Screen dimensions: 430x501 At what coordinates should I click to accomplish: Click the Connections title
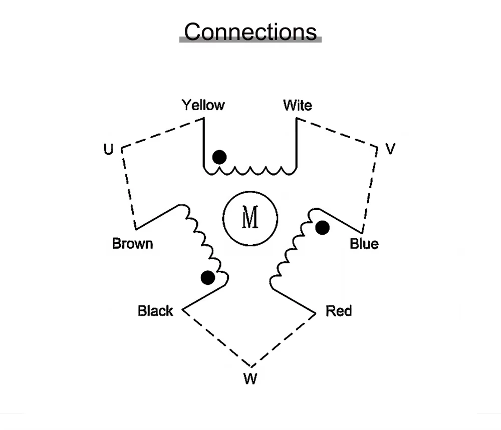(x=250, y=31)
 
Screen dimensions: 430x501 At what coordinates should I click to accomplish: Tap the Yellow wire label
(x=203, y=105)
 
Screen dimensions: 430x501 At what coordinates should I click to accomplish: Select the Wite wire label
(x=297, y=105)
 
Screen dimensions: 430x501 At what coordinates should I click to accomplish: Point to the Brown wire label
(x=132, y=244)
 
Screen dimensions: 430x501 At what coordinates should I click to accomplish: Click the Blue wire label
(x=364, y=244)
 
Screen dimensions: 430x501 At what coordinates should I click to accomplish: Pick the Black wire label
(x=155, y=311)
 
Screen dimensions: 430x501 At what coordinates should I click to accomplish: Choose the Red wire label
(x=339, y=311)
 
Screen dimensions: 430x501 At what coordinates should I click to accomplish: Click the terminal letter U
(x=108, y=149)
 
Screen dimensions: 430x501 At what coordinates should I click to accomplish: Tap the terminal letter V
(x=391, y=149)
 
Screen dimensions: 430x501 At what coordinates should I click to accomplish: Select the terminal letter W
(x=250, y=379)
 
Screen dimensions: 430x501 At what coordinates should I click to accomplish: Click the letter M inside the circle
(x=250, y=218)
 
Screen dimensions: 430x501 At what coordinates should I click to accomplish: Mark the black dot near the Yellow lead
(x=219, y=157)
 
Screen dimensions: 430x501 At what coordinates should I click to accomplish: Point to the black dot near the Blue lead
(x=323, y=228)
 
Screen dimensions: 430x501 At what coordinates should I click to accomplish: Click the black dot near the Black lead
(x=207, y=277)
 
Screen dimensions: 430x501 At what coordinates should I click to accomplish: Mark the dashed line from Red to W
(x=283, y=340)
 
